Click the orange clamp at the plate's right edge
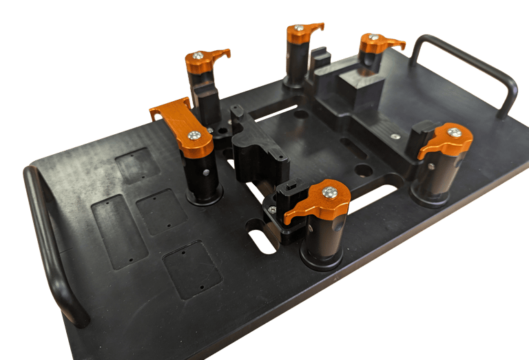point(448,139)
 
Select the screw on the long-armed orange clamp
point(195,136)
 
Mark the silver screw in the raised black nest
point(395,136)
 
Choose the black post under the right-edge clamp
point(433,179)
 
